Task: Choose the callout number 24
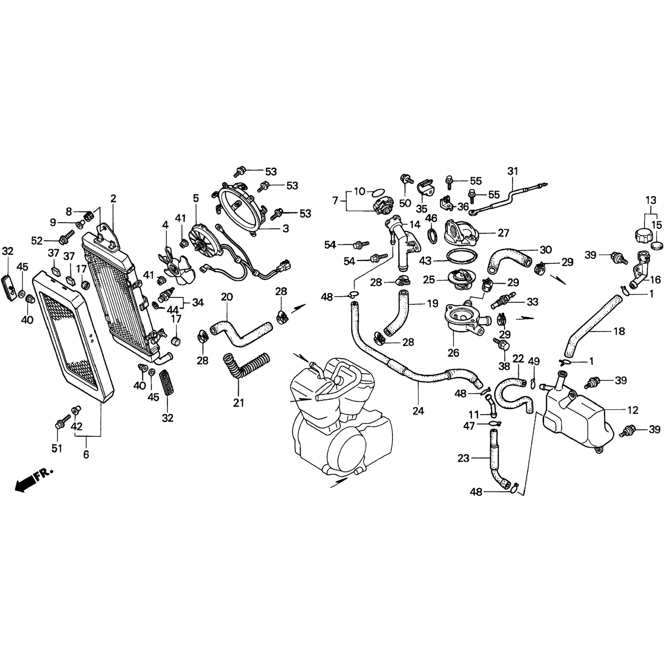point(418,411)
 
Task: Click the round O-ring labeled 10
point(378,192)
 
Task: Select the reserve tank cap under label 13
point(641,234)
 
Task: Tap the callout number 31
point(512,171)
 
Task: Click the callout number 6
point(86,454)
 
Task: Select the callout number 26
point(454,353)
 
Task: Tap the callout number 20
point(227,297)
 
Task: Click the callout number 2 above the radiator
point(113,199)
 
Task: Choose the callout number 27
point(503,233)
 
